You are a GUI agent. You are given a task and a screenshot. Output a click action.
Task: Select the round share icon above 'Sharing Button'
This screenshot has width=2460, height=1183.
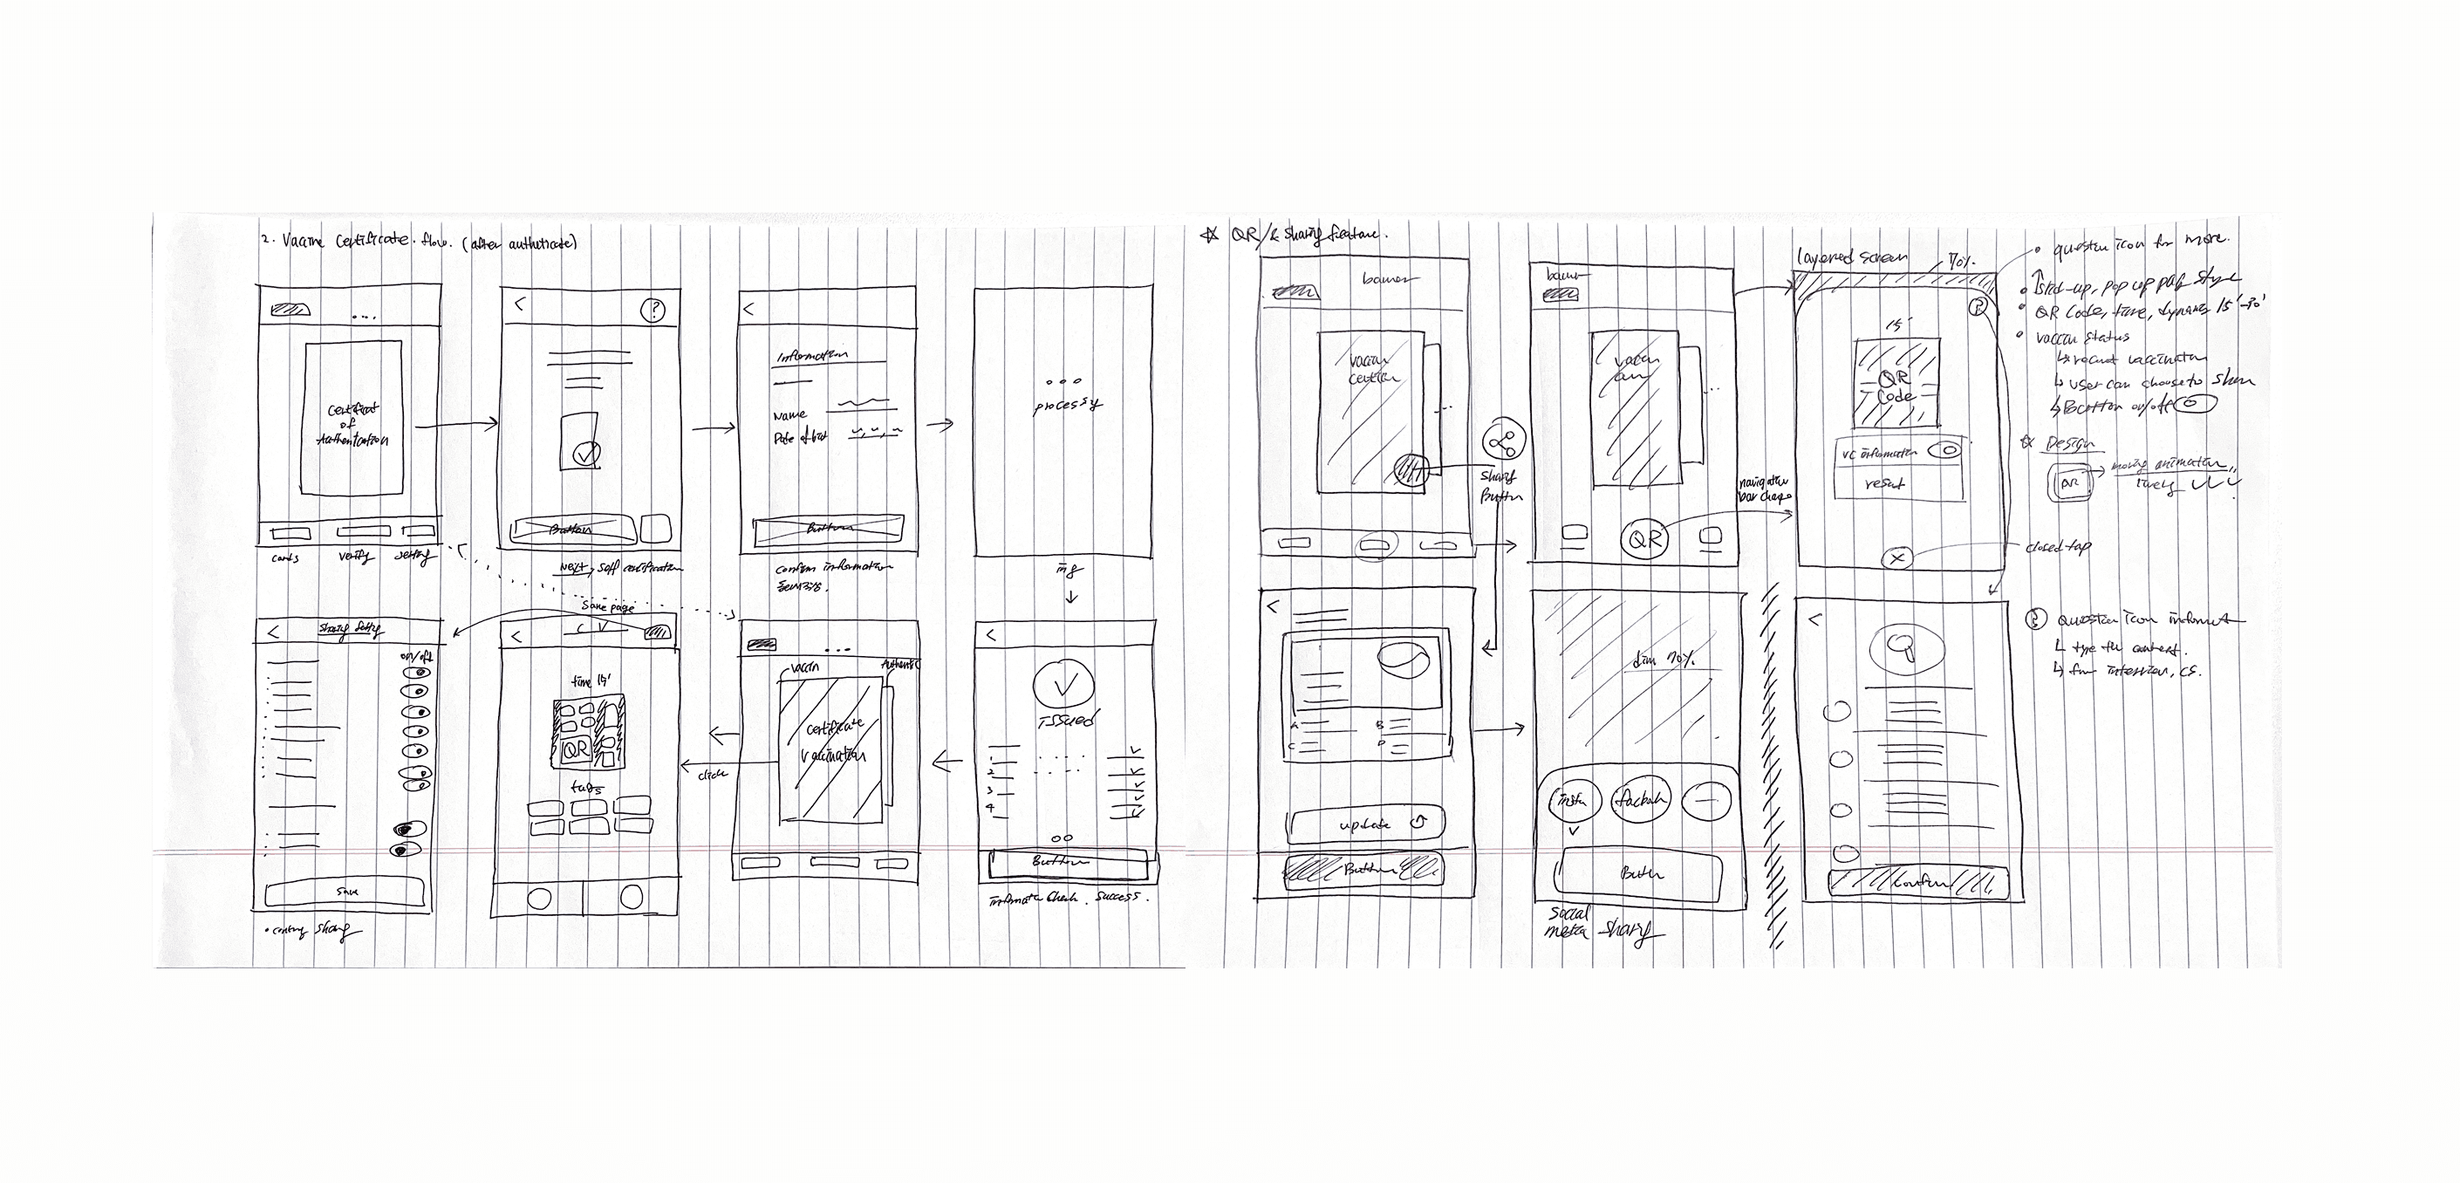tap(1504, 442)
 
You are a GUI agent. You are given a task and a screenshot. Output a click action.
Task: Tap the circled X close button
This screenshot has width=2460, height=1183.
tap(1897, 558)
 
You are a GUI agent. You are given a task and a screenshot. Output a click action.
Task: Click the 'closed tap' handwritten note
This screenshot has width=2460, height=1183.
tap(2056, 547)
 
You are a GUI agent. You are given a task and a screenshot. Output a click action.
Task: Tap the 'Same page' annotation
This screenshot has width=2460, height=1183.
tap(607, 606)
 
